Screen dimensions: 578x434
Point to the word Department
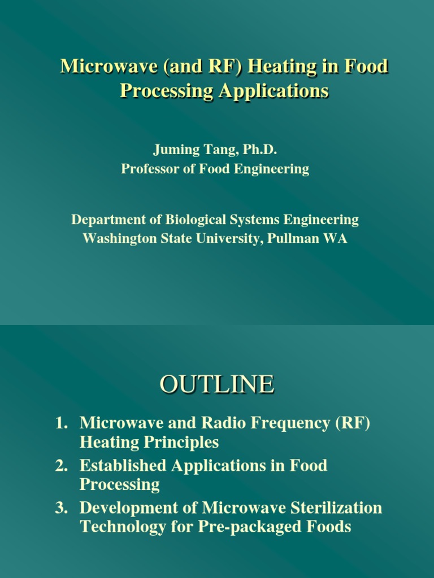pos(106,220)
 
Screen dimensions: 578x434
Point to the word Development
pos(129,508)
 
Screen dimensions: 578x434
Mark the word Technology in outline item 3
pos(121,527)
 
